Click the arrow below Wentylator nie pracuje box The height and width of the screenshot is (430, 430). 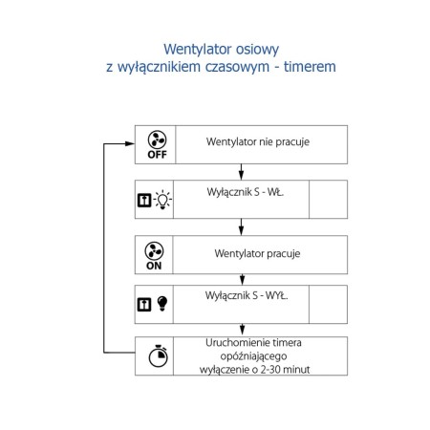tap(243, 169)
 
